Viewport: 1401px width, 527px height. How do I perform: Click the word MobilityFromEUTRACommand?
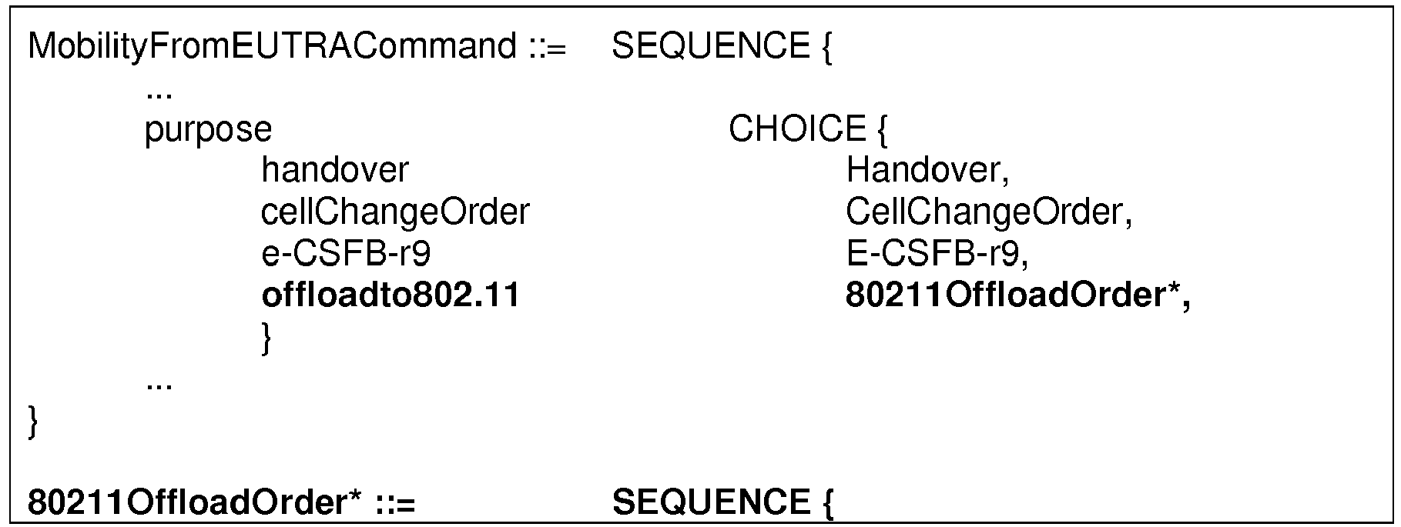272,48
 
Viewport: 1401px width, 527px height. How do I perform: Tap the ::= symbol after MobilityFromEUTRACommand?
548,49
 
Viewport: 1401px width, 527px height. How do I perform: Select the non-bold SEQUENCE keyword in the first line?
710,47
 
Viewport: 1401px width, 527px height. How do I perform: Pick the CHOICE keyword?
797,128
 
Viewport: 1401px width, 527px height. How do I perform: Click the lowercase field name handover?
335,170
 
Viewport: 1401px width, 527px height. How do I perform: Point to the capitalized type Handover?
922,170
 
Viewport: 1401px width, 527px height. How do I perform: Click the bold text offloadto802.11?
390,295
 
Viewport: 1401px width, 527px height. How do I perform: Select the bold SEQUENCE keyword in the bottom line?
710,503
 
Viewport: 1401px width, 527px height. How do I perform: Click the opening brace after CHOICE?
882,130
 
